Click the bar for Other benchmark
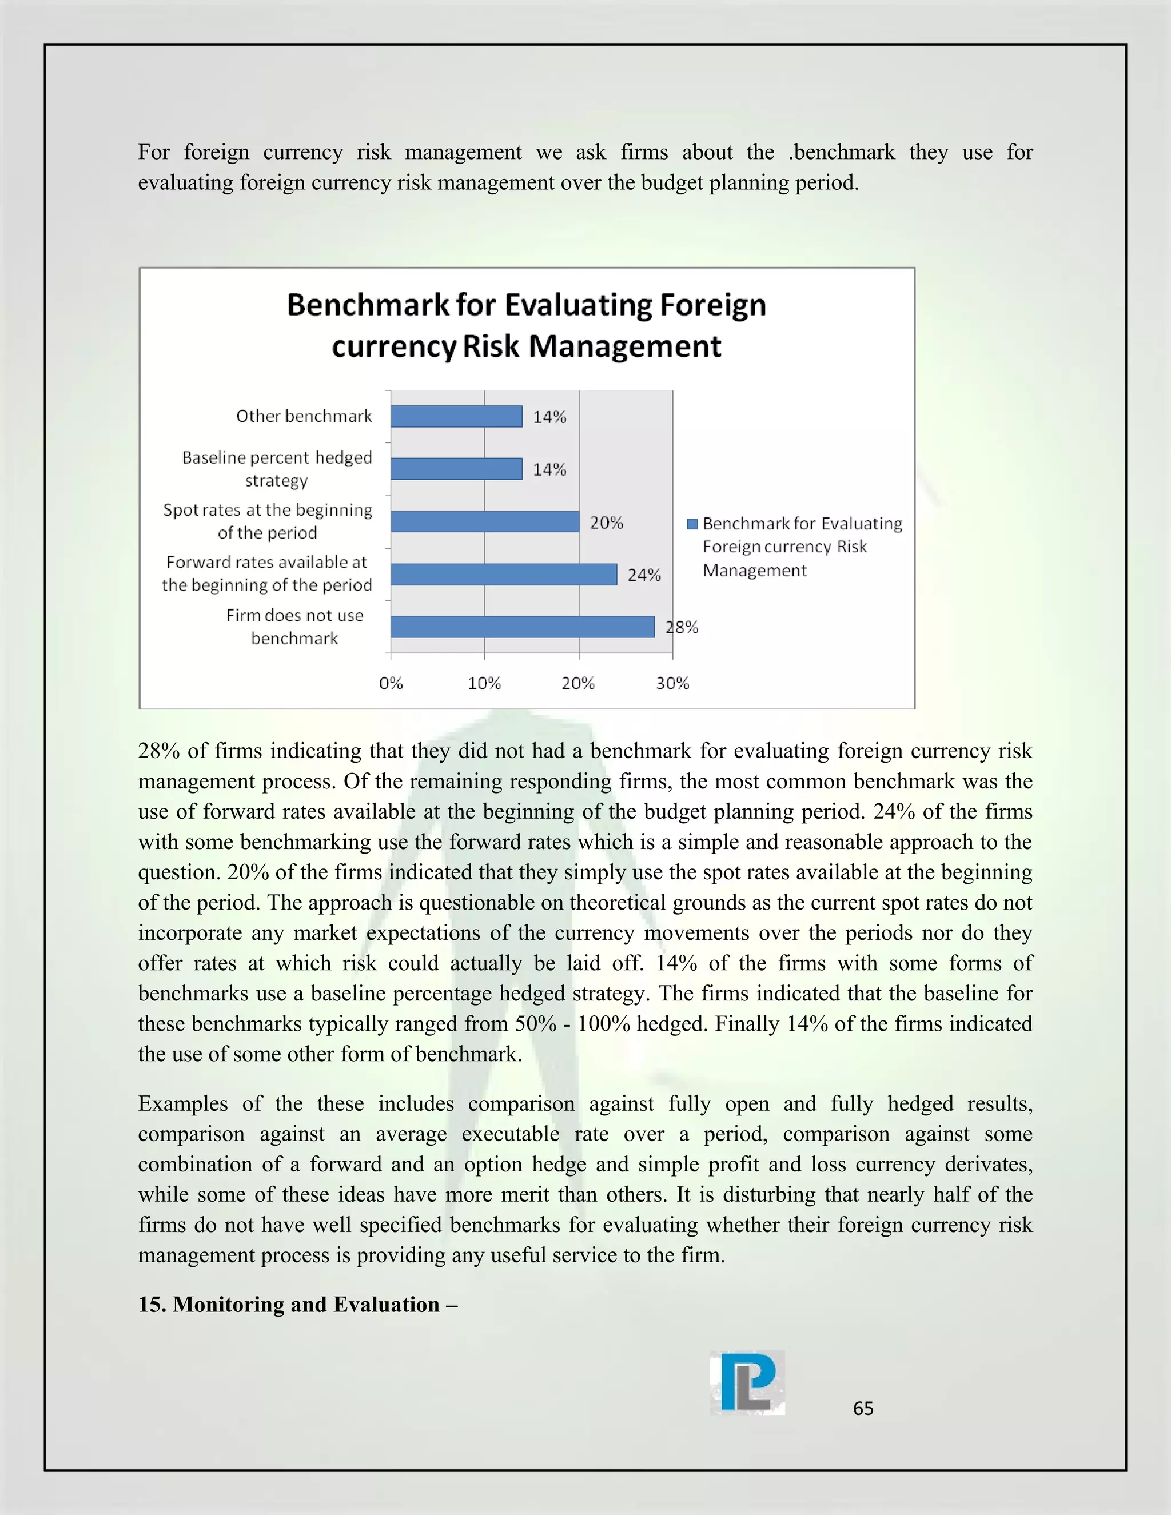456,416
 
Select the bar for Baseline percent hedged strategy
456,469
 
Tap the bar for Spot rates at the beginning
484,521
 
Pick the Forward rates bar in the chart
503,575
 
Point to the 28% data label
682,627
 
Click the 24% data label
644,575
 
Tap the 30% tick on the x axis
672,683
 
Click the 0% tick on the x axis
391,683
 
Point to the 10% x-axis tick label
484,683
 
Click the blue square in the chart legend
692,524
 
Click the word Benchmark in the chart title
368,305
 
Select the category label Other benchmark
304,416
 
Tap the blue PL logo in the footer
747,1382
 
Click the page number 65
863,1408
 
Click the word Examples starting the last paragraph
183,1103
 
